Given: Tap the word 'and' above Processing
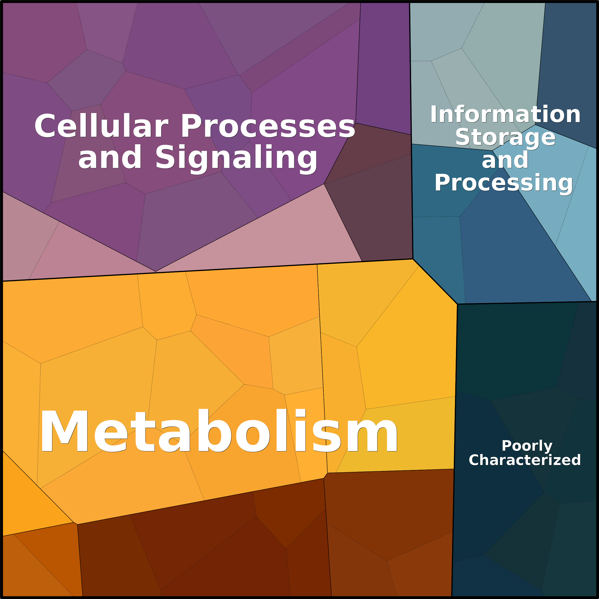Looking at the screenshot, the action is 505,160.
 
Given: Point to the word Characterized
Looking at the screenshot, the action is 525,460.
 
